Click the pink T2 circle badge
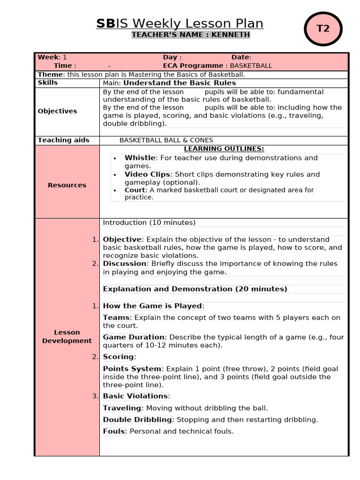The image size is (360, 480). tap(323, 29)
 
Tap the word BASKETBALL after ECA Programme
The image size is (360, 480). tap(251, 66)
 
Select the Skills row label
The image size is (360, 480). tap(48, 82)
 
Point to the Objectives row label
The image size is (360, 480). tap(57, 111)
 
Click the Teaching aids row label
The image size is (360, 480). tap(63, 140)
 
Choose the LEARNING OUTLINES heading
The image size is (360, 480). tap(224, 149)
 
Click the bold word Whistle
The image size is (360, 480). tap(140, 158)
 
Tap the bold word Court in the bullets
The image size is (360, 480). tap(135, 190)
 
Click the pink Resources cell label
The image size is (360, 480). tap(67, 185)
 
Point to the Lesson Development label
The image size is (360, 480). tap(67, 337)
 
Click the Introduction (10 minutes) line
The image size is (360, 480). tap(149, 223)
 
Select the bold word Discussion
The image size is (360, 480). tap(125, 263)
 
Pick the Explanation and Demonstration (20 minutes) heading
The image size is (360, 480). tap(195, 289)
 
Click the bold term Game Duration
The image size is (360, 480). tap(134, 337)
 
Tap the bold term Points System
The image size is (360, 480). tap(132, 369)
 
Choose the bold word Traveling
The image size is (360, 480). tap(122, 408)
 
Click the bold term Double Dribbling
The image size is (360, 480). tap(138, 420)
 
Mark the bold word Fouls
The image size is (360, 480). tap(114, 431)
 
